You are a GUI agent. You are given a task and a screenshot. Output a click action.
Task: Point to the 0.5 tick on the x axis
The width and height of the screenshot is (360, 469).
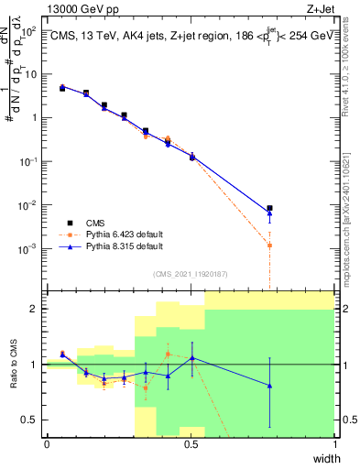(191, 444)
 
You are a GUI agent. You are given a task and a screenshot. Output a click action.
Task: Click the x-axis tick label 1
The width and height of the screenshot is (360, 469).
(334, 444)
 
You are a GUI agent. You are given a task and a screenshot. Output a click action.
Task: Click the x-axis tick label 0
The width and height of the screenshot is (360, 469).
(47, 444)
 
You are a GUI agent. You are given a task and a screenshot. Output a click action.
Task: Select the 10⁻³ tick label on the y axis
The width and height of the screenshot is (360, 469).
(30, 248)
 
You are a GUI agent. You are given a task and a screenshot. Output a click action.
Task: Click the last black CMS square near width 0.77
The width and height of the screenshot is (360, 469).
(269, 209)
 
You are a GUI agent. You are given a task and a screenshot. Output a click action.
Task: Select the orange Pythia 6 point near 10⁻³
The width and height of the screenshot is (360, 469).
(269, 245)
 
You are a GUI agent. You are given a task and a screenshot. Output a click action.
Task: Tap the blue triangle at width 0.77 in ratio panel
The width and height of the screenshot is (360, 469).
(269, 386)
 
